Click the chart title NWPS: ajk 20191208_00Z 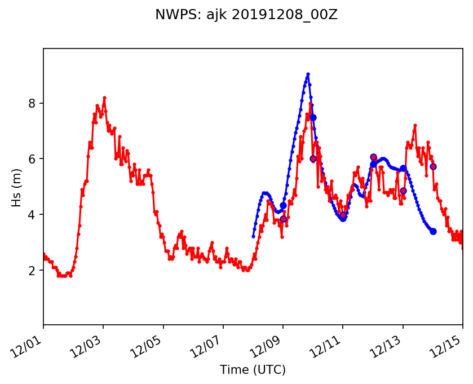(246, 15)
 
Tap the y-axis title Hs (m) (17, 187)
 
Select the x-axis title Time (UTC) (253, 370)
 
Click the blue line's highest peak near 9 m (308, 74)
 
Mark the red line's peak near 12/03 (104, 98)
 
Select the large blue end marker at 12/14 (433, 231)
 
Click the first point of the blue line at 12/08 (253, 236)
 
